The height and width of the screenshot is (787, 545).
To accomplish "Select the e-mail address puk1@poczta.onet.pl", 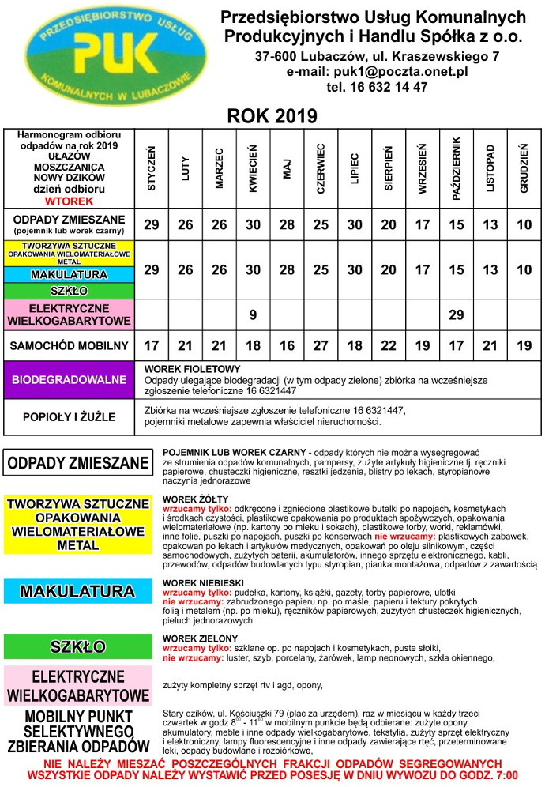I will (377, 71).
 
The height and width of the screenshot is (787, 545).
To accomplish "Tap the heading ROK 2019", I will (272, 115).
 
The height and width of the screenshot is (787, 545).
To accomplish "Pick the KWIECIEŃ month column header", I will (253, 168).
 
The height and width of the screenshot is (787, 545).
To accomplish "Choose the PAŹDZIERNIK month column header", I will (456, 168).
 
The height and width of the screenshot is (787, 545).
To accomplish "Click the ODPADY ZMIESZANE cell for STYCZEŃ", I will (151, 225).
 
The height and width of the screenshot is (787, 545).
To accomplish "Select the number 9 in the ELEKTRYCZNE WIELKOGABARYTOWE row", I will (253, 314).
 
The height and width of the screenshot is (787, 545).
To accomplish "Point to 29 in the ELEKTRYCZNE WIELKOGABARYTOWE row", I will (456, 314).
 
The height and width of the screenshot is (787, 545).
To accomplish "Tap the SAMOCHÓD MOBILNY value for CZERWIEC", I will (321, 345).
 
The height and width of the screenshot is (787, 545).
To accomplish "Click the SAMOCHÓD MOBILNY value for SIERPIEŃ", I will (389, 345).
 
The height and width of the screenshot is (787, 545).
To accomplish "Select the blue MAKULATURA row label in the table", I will (69, 274).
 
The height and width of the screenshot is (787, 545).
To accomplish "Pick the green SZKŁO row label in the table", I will (69, 291).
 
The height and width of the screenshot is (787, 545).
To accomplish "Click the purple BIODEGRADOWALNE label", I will (69, 380).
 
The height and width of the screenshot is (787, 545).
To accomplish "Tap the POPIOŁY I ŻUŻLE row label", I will (69, 416).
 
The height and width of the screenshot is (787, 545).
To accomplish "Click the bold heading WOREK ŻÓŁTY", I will (190, 499).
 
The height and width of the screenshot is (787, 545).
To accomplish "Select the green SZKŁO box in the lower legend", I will (77, 646).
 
